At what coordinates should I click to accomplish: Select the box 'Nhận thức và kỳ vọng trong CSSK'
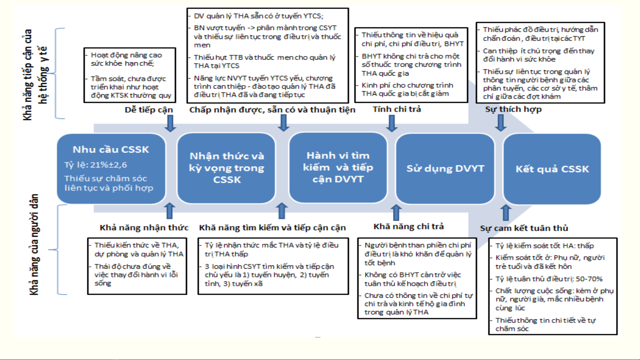tap(227, 168)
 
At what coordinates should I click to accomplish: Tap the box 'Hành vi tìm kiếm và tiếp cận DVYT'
tap(338, 167)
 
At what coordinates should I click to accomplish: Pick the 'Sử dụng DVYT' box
tap(445, 169)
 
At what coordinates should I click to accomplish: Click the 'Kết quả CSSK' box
tap(552, 169)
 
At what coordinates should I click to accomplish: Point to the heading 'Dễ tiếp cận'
tap(149, 110)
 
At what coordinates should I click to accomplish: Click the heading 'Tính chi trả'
tap(396, 109)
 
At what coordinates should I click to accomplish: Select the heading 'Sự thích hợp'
tap(513, 109)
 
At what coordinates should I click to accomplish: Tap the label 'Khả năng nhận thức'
tap(144, 227)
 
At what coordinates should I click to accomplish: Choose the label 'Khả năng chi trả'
tap(408, 226)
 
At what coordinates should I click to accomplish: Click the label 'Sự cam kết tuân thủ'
tap(524, 228)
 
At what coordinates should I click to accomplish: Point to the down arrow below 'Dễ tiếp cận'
tap(170, 123)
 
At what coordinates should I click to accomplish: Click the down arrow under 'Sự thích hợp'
tap(500, 123)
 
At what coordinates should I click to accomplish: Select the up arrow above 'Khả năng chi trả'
tap(396, 212)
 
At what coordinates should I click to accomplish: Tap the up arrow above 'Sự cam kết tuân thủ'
tap(505, 212)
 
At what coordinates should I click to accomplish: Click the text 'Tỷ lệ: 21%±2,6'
tap(96, 165)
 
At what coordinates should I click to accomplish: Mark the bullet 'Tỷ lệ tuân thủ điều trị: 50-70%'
tap(549, 279)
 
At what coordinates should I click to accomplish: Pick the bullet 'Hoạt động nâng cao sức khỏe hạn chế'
tap(126, 59)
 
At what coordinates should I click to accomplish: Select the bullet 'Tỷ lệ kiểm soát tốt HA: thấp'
tap(544, 246)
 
